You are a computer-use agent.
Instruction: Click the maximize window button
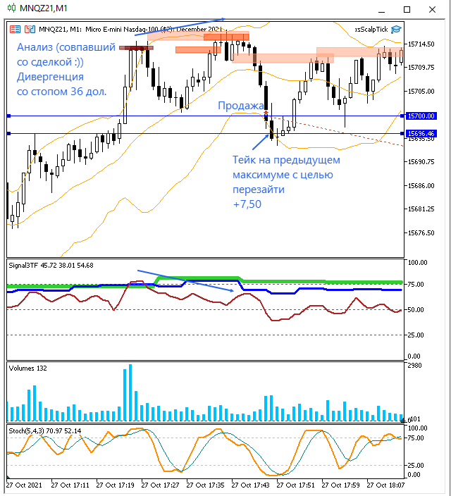point(407,9)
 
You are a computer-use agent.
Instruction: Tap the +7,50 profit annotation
point(247,204)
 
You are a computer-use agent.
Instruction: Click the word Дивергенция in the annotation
point(50,77)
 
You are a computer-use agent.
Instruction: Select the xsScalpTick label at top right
point(370,29)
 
